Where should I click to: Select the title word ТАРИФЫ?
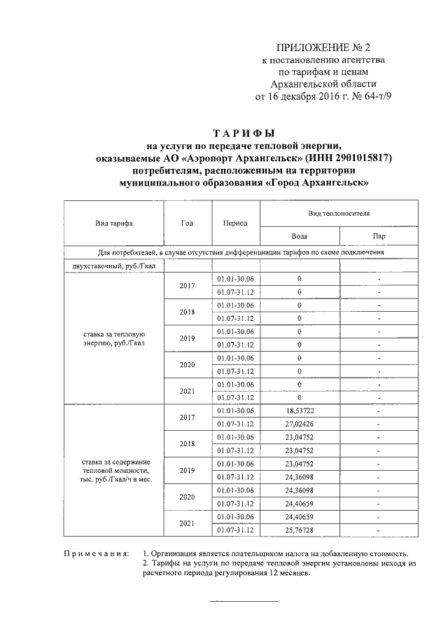point(244,133)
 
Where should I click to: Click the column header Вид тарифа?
point(113,223)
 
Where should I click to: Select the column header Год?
point(186,223)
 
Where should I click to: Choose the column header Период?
point(235,223)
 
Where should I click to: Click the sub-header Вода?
point(299,236)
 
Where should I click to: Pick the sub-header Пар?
point(379,236)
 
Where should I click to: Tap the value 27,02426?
point(299,424)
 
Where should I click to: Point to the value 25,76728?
point(299,530)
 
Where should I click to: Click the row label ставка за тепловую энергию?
point(113,338)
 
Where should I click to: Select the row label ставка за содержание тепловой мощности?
point(113,470)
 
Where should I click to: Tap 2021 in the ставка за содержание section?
point(186,523)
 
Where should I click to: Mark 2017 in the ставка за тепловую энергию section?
point(186,286)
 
